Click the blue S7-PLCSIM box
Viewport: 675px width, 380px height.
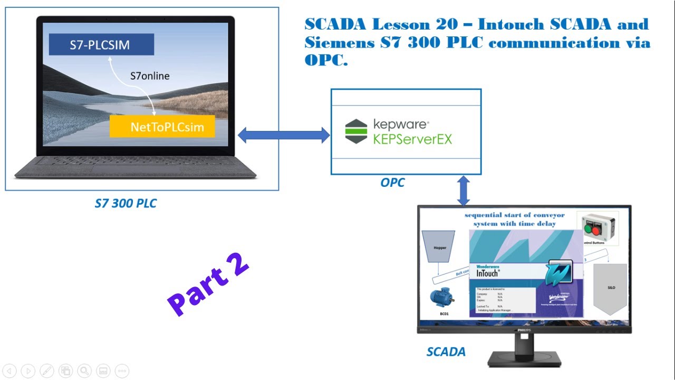click(x=101, y=44)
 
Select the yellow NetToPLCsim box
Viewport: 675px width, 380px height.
click(x=162, y=127)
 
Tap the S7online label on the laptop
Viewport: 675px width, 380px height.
click(x=150, y=76)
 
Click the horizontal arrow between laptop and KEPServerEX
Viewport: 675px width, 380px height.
click(x=284, y=135)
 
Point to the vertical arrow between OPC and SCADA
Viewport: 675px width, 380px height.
click(x=463, y=191)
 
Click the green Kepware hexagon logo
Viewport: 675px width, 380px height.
click(x=356, y=131)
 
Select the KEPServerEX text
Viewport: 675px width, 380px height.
click(x=412, y=139)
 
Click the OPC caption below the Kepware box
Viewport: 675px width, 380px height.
click(x=392, y=183)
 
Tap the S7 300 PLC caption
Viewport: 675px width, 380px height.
click(x=126, y=203)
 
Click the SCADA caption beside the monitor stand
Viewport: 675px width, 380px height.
click(x=446, y=352)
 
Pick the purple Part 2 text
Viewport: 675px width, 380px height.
click(x=208, y=285)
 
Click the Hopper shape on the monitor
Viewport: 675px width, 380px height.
click(x=440, y=247)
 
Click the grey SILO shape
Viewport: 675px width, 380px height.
click(x=610, y=288)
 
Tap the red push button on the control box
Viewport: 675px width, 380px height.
click(x=596, y=231)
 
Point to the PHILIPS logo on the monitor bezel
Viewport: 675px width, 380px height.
click(x=524, y=329)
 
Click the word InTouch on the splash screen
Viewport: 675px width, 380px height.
click(x=487, y=273)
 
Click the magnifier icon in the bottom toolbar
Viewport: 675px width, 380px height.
click(x=84, y=370)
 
